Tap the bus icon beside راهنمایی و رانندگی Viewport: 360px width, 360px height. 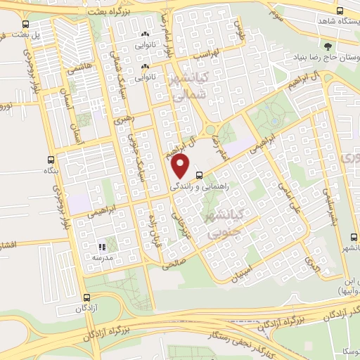[x=199, y=174]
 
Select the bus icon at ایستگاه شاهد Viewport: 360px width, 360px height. [x=340, y=11]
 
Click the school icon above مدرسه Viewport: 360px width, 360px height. [x=102, y=247]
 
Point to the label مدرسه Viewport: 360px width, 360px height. [x=102, y=257]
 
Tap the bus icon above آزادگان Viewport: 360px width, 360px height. [x=86, y=298]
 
